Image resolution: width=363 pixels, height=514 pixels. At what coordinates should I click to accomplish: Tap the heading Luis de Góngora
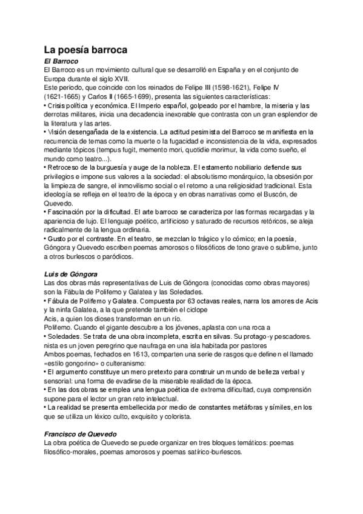click(71, 274)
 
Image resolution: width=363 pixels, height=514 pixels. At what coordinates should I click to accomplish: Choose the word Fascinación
click(70, 213)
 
